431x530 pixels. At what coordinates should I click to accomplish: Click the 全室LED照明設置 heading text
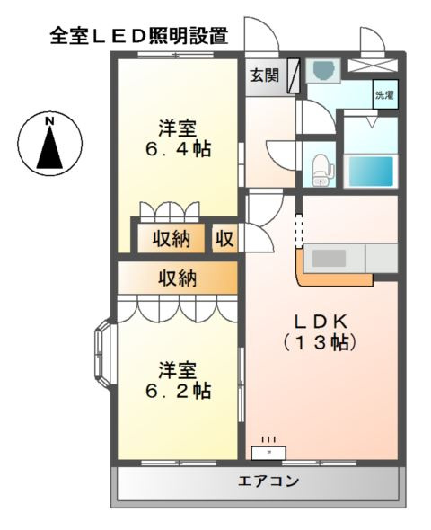139,36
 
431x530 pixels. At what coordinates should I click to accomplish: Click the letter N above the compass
50,119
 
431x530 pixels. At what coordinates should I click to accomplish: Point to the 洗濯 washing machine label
383,94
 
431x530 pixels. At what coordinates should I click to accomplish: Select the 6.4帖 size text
180,149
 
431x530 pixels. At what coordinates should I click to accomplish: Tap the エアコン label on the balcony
268,482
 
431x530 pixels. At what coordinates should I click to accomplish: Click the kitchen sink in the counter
330,258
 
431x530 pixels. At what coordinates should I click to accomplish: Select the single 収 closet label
224,239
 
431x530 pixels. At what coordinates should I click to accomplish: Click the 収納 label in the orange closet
179,278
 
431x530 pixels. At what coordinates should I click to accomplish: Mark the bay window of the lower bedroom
102,358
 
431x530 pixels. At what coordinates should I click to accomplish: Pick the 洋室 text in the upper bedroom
179,128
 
